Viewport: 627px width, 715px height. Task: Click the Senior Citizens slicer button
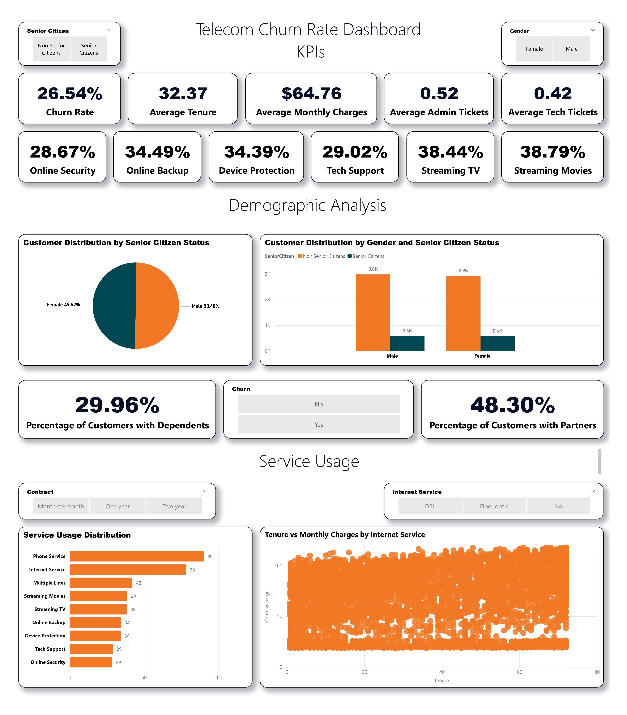(x=89, y=49)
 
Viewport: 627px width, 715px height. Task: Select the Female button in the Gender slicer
(x=534, y=49)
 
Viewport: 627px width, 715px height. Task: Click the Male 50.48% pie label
(x=205, y=306)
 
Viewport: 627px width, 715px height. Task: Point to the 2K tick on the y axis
(x=268, y=300)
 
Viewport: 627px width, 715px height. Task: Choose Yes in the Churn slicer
(x=319, y=425)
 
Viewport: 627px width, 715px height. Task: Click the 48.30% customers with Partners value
(x=513, y=405)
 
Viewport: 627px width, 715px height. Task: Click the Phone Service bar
(x=136, y=556)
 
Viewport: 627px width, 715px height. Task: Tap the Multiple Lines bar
(x=101, y=583)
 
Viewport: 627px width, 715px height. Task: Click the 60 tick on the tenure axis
(x=520, y=672)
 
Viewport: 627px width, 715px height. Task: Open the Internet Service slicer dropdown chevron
(x=593, y=491)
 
